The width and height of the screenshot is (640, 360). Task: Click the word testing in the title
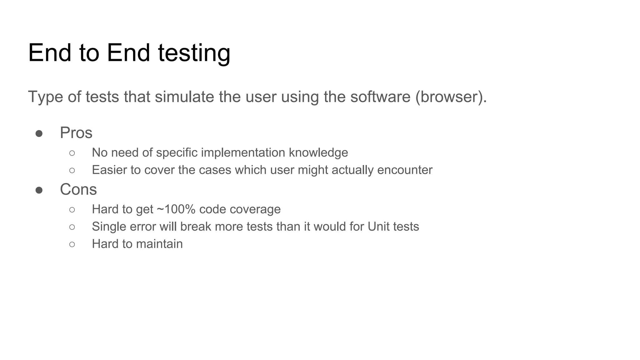click(194, 53)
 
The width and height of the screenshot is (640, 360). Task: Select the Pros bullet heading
click(76, 133)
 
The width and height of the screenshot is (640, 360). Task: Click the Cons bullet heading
click(78, 189)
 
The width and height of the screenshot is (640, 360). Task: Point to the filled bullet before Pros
click(39, 134)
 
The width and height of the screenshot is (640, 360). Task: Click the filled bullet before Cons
click(39, 190)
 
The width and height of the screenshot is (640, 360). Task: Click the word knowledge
click(318, 153)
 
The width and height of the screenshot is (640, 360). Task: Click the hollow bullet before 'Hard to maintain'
click(72, 244)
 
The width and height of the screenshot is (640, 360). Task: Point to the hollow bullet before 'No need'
click(72, 153)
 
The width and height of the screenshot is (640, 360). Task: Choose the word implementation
click(243, 153)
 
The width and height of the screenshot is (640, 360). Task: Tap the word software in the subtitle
click(380, 97)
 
